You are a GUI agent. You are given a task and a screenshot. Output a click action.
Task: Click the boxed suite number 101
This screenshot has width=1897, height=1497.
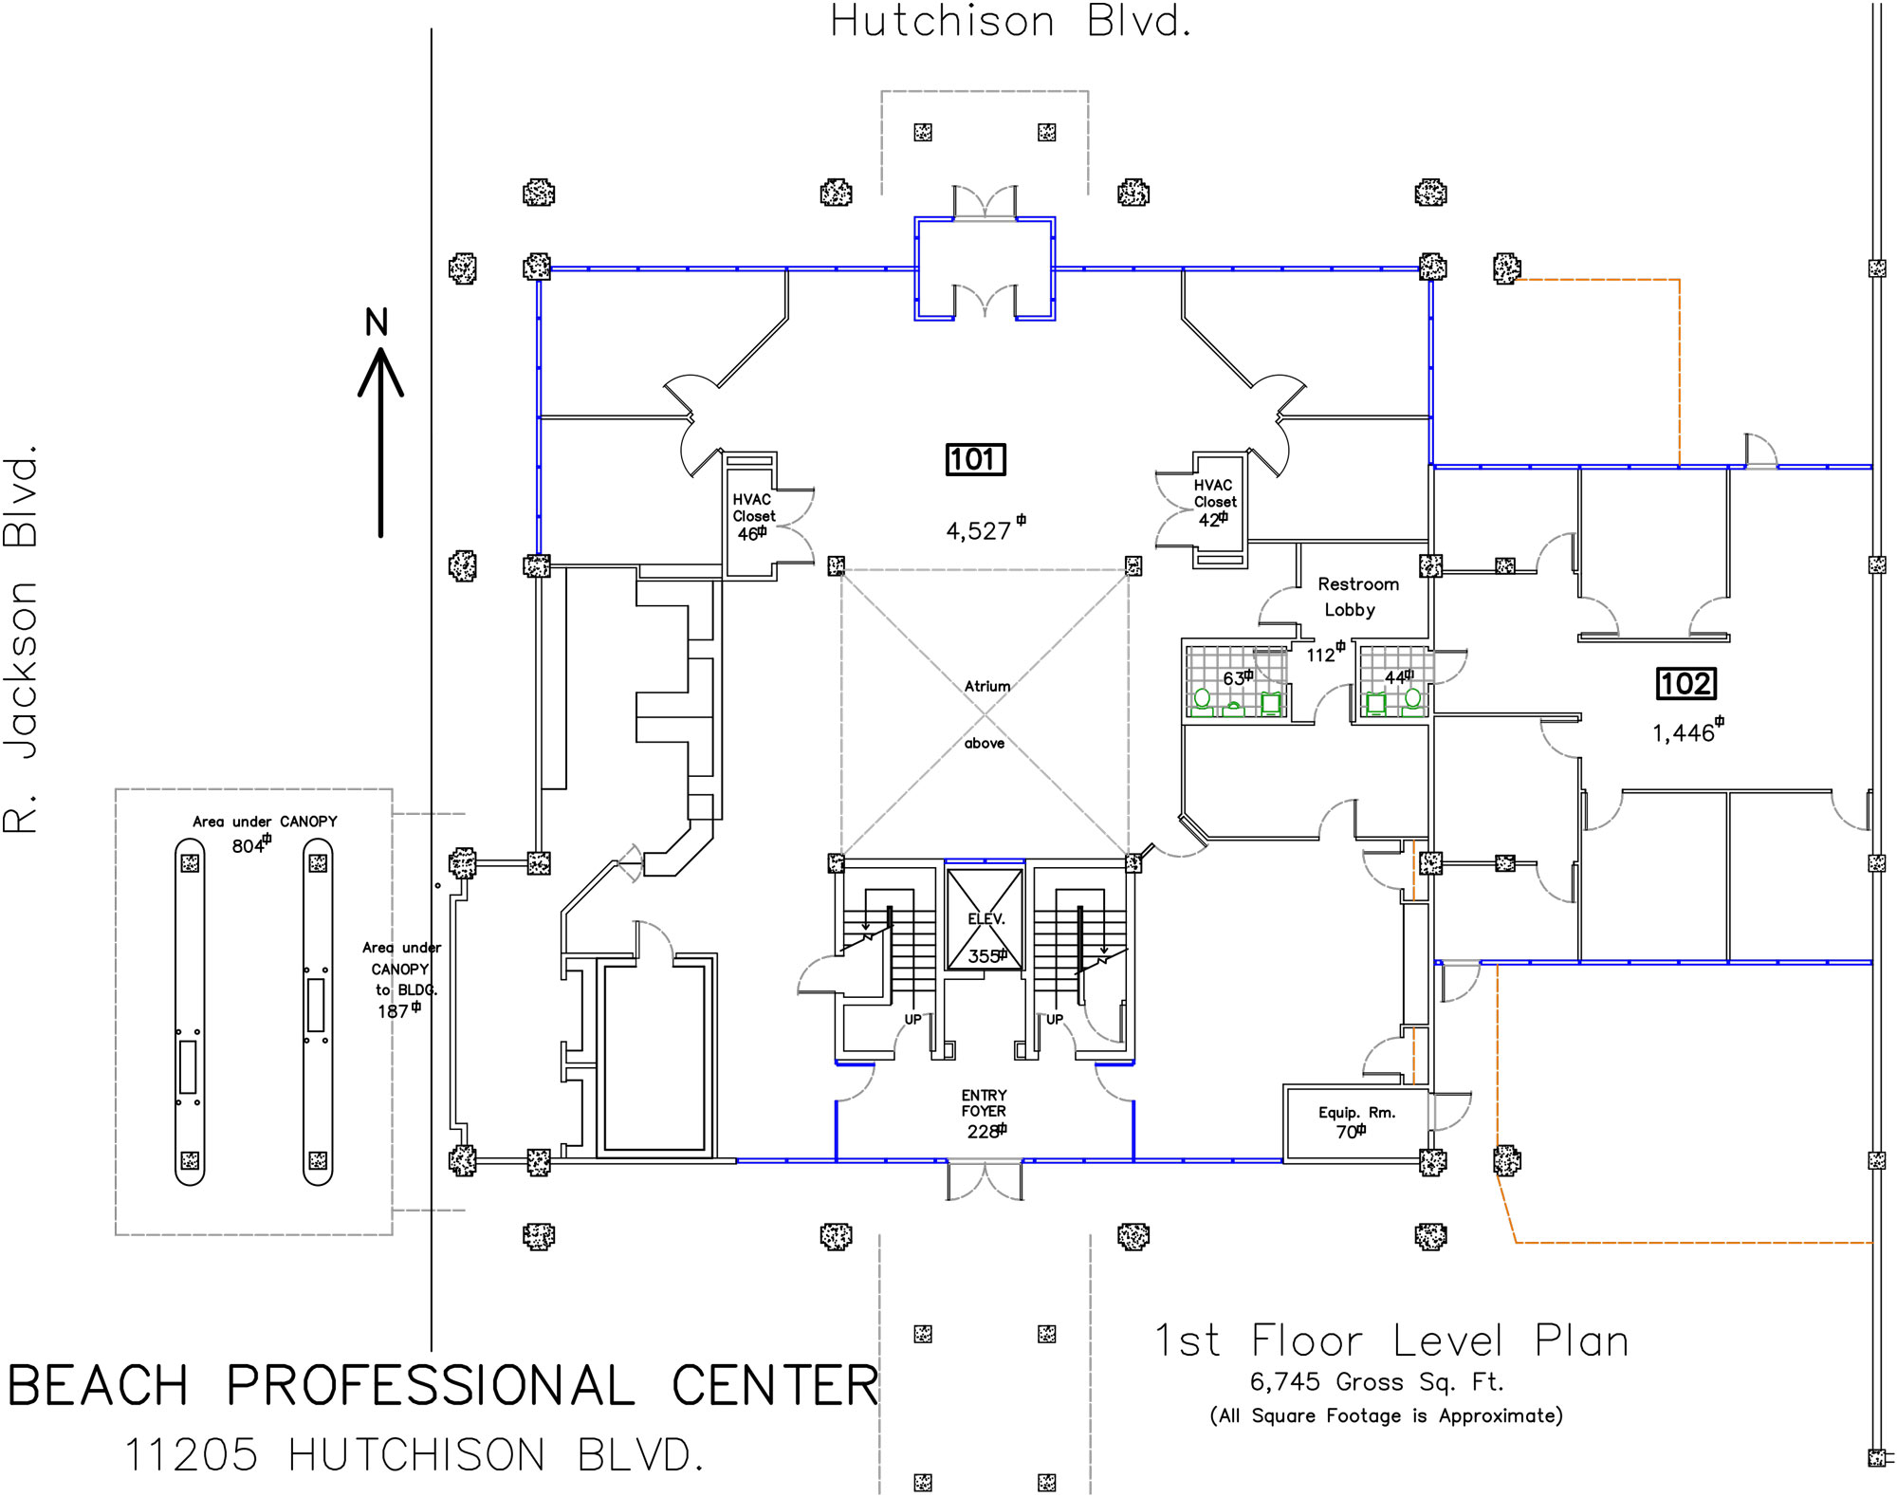(x=975, y=460)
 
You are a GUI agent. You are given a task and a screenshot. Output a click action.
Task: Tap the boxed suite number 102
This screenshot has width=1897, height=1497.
(x=1685, y=684)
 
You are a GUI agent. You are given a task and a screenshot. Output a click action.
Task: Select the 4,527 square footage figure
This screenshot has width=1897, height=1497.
(x=980, y=531)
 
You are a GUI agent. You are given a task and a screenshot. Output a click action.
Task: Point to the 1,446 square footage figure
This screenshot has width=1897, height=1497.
(x=1684, y=733)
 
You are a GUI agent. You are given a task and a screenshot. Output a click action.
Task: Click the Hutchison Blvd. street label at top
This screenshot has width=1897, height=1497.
(x=1009, y=22)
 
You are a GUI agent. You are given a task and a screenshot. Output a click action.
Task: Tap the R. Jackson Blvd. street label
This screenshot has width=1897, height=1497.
(x=21, y=640)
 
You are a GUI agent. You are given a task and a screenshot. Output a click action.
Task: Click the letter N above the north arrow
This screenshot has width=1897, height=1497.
(x=377, y=323)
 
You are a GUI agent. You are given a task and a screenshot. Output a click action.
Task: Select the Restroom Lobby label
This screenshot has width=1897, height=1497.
(x=1356, y=597)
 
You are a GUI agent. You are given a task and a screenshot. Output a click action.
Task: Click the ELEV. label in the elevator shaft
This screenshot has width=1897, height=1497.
(x=985, y=919)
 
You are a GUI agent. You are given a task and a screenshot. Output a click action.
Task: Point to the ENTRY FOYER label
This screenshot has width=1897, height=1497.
(x=984, y=1103)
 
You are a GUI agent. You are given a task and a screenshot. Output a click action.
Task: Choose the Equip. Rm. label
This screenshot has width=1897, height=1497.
(x=1356, y=1113)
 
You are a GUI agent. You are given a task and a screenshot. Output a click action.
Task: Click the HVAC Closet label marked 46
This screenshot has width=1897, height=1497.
(x=753, y=508)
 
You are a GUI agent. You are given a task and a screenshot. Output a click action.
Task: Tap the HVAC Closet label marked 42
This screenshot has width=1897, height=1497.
(x=1215, y=493)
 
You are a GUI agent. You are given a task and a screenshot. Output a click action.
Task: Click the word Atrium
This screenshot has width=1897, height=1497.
(x=987, y=686)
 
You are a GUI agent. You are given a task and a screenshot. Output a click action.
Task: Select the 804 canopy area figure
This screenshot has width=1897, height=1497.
(x=249, y=846)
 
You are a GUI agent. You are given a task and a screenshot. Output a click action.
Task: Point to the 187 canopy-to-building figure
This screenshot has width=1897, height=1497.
(x=395, y=1011)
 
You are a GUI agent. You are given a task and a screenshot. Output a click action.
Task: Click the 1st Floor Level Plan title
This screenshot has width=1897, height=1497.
(x=1391, y=1341)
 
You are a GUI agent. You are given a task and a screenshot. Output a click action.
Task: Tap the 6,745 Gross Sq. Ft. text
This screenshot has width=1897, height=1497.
(x=1376, y=1382)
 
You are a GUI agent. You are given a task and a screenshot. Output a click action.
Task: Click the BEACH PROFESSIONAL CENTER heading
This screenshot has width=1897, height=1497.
(x=443, y=1386)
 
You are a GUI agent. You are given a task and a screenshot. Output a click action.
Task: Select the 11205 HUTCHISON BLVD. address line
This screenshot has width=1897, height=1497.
(x=414, y=1455)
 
